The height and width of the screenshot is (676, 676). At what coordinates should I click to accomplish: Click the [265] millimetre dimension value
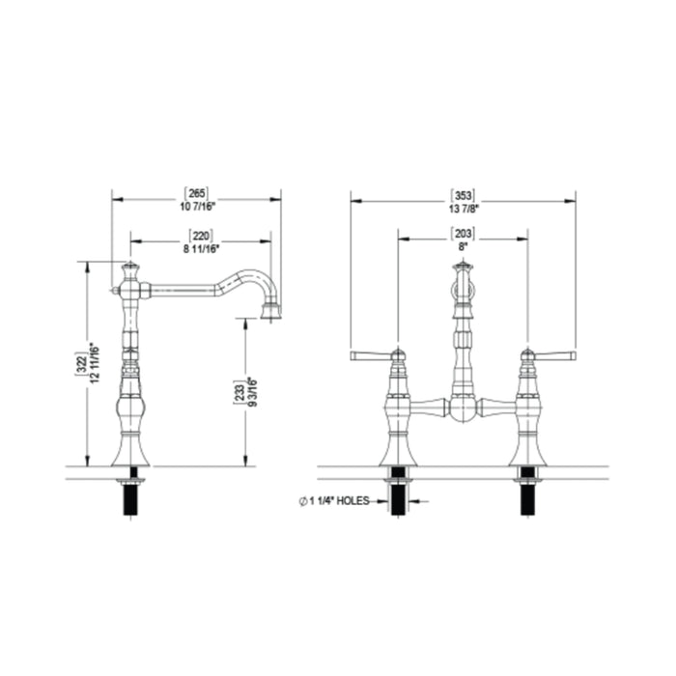(197, 193)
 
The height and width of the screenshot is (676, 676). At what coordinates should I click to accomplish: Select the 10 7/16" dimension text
(197, 207)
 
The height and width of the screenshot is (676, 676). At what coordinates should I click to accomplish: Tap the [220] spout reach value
(201, 236)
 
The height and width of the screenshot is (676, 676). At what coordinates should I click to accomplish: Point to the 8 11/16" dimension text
(201, 249)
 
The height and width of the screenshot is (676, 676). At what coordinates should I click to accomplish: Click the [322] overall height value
(81, 363)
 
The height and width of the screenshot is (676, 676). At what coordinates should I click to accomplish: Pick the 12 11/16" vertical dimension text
(95, 362)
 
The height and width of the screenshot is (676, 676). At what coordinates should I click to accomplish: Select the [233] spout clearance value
(239, 391)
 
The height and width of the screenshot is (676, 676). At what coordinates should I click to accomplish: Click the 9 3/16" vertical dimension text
(253, 392)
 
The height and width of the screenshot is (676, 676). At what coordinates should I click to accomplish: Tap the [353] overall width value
(463, 195)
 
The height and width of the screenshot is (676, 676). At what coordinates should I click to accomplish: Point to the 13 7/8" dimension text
(463, 209)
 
